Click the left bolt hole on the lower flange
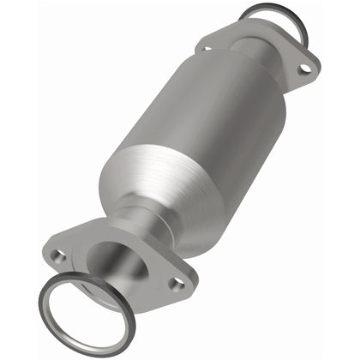(59, 255)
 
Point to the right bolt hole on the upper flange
(301, 63)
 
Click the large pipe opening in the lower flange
(117, 257)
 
